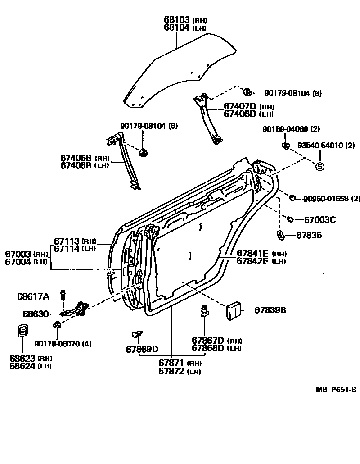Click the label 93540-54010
(x=320, y=145)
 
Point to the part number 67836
(x=309, y=235)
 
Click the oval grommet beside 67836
(x=279, y=235)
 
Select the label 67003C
(x=320, y=220)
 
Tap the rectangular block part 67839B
(x=233, y=310)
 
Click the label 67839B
(x=270, y=310)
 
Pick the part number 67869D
(x=142, y=349)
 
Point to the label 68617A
(x=33, y=296)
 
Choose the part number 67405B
(x=76, y=158)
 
